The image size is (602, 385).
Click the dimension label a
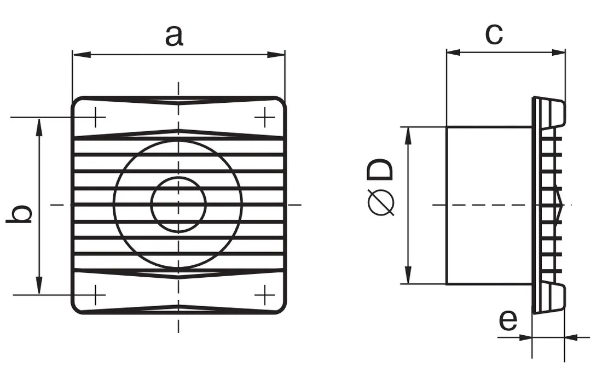tap(174, 36)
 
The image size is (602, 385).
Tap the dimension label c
tap(494, 33)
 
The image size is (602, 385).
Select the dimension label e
tap(508, 320)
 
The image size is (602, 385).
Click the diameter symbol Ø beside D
tap(381, 202)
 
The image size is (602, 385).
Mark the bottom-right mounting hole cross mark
tap(264, 295)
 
